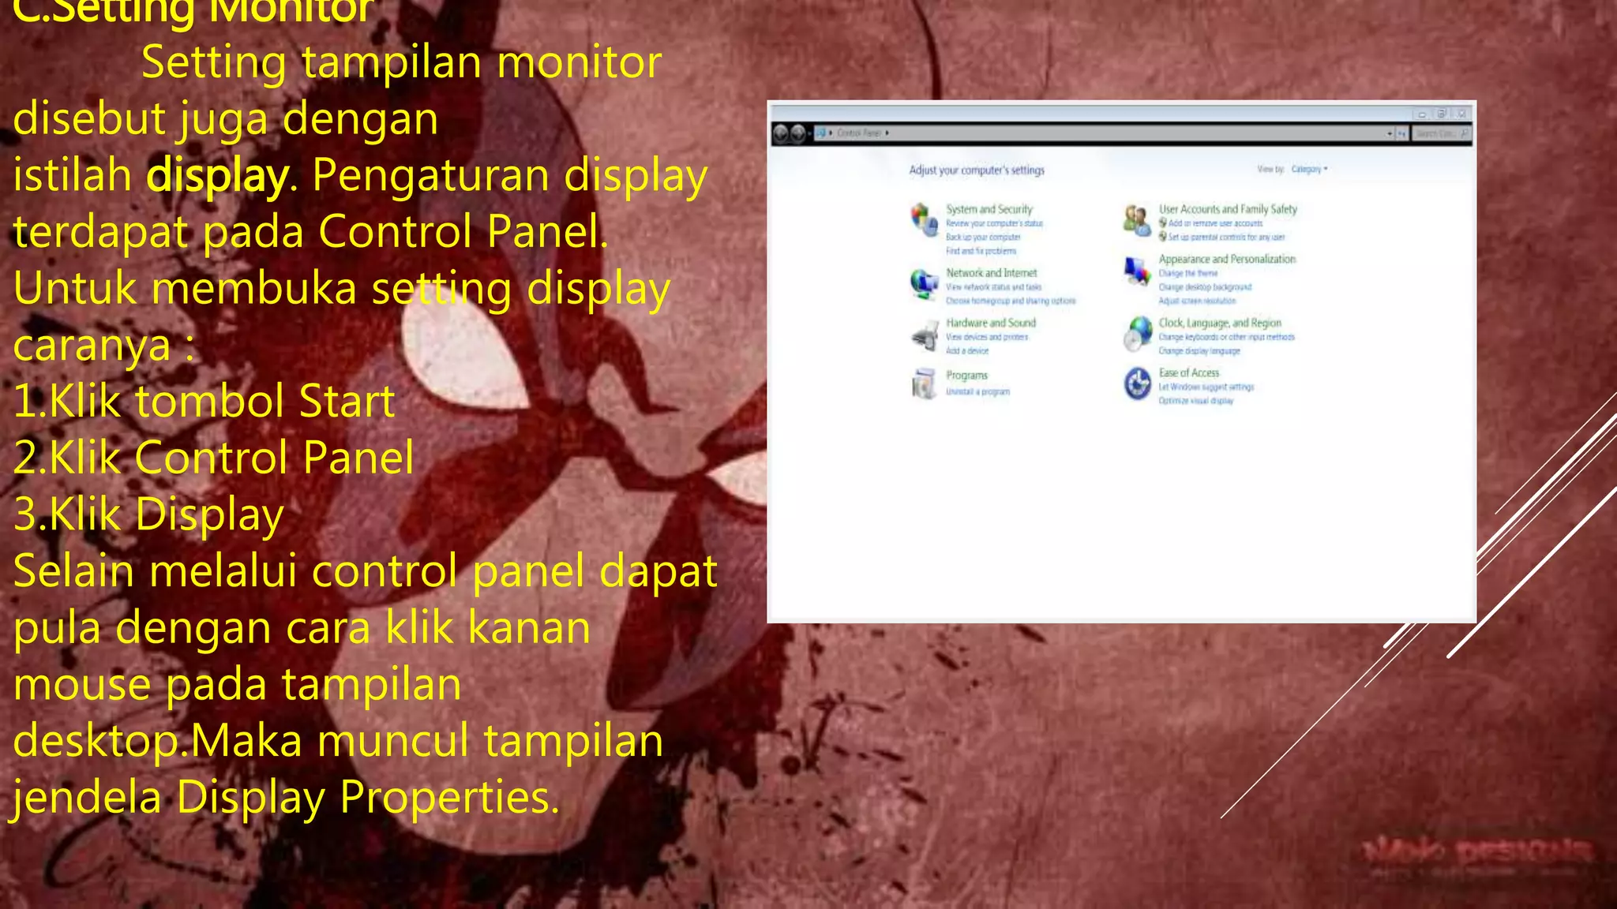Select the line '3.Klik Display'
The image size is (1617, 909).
148,514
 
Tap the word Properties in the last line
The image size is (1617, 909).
449,798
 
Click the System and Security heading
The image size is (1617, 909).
989,209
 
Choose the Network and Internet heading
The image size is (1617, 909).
991,273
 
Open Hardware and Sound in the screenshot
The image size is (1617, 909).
991,323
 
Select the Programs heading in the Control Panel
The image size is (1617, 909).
966,376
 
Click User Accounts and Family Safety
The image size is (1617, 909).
1228,209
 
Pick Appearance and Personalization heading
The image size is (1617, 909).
1227,259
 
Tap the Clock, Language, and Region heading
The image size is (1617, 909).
1220,323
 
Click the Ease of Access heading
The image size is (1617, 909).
1189,372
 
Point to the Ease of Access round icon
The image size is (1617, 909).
1138,384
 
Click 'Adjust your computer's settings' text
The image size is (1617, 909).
977,170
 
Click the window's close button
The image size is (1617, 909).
1461,114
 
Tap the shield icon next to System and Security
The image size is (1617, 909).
923,219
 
